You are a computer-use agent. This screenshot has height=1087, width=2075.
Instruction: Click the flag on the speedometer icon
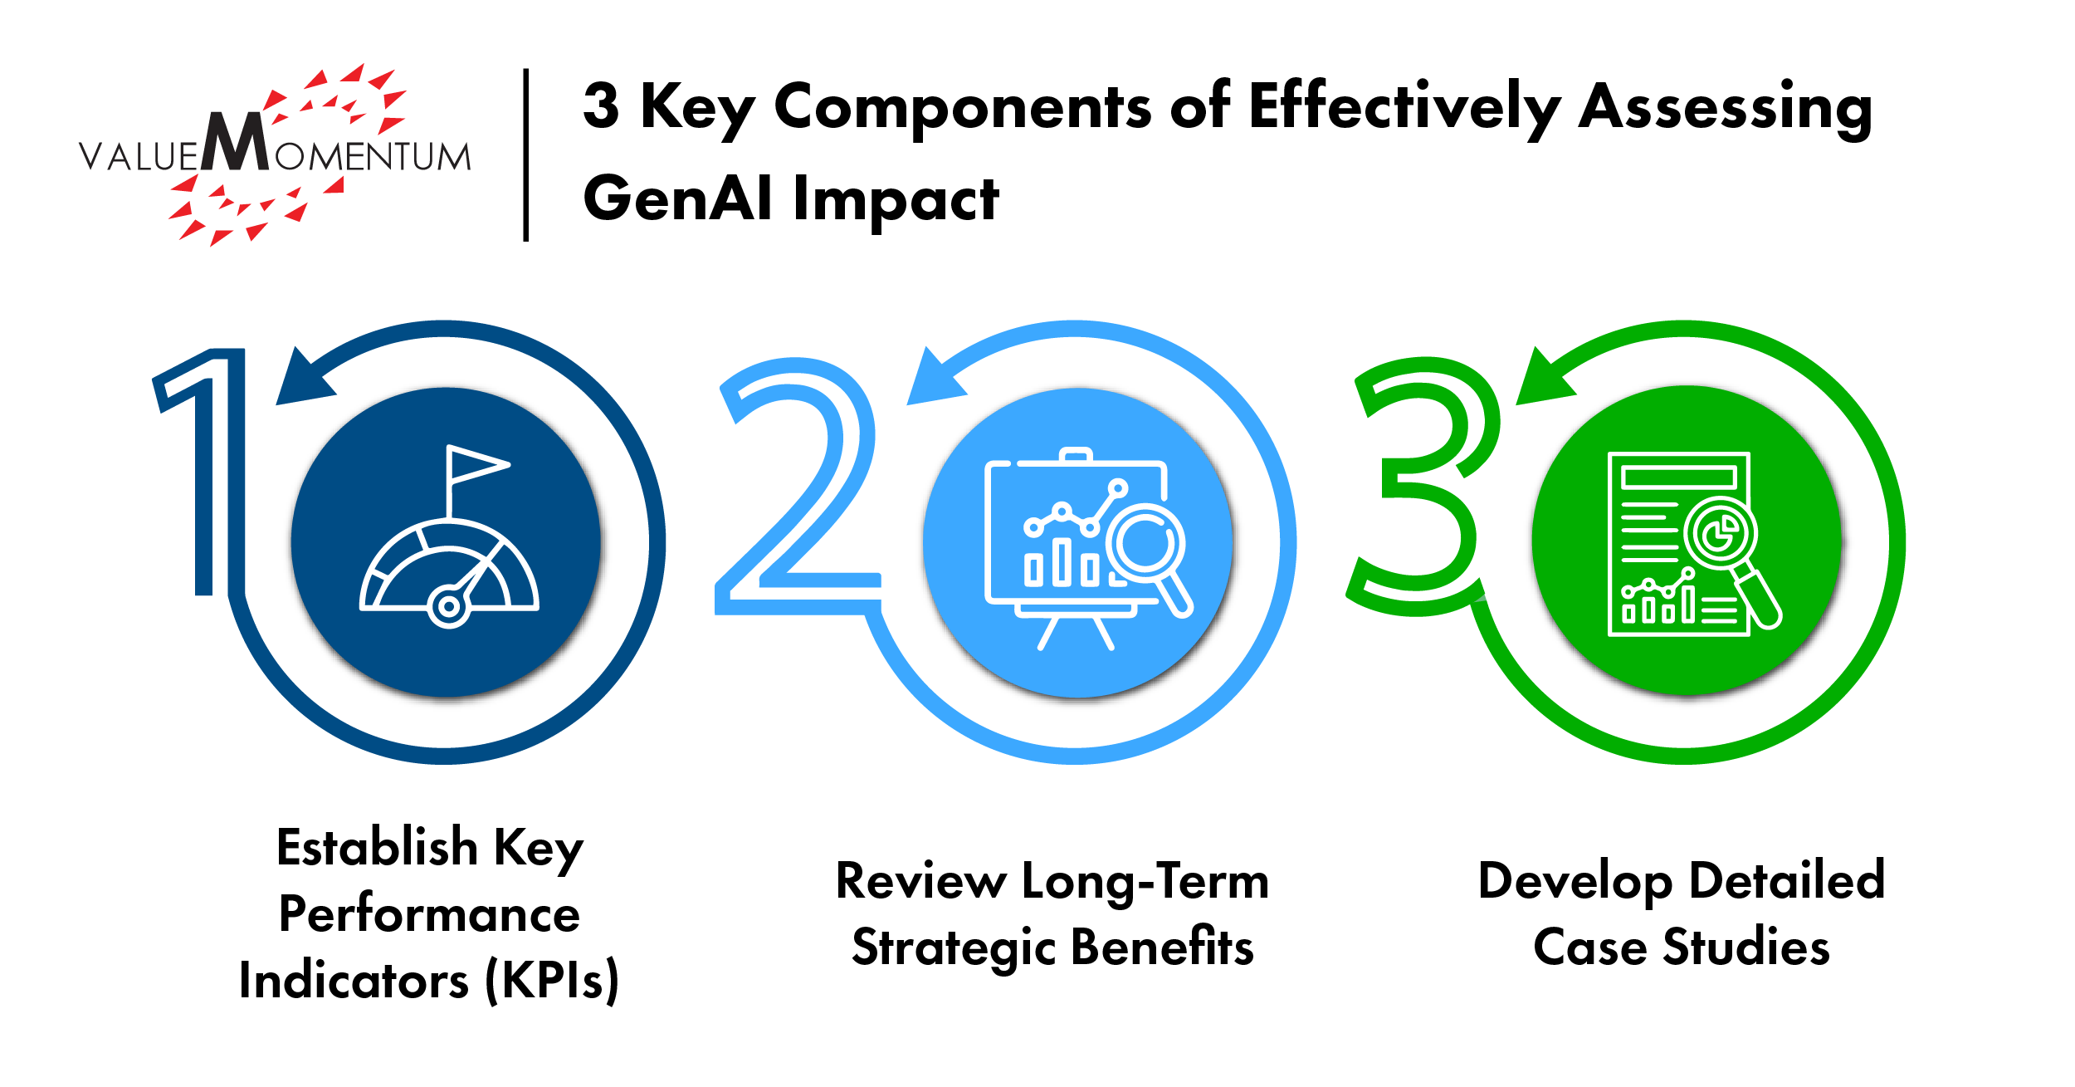pyautogui.click(x=476, y=465)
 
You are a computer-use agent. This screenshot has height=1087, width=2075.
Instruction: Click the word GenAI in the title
pyautogui.click(x=677, y=198)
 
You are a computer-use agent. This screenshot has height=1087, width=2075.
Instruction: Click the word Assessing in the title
pyautogui.click(x=1726, y=109)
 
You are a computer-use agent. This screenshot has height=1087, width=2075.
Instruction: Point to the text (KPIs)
pyautogui.click(x=552, y=980)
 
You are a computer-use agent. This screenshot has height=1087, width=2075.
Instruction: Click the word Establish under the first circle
pyautogui.click(x=377, y=847)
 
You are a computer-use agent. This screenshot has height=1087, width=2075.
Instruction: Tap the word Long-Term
pyautogui.click(x=1145, y=881)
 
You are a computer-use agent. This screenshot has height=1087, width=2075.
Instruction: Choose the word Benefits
pyautogui.click(x=1161, y=946)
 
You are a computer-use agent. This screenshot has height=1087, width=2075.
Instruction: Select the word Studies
pyautogui.click(x=1746, y=946)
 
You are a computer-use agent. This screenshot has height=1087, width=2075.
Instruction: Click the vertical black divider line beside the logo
pyautogui.click(x=526, y=155)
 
